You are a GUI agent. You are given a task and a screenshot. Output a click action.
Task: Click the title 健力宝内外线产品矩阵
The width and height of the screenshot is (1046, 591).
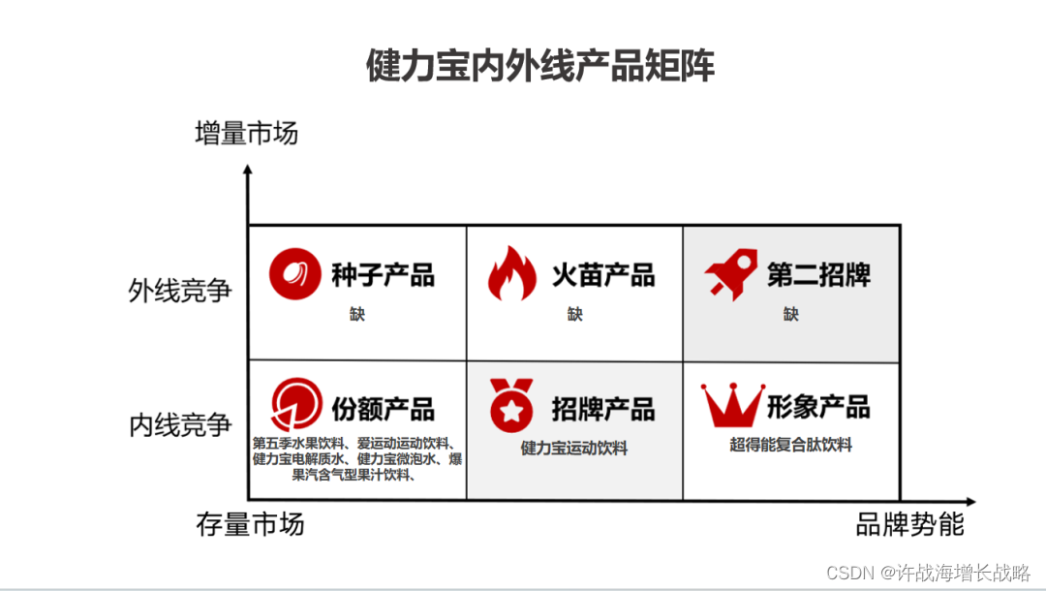(x=539, y=67)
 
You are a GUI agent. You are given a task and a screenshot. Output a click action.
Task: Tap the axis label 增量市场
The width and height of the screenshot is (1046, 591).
(x=246, y=133)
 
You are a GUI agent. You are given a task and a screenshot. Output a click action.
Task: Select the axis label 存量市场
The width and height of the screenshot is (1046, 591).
(x=250, y=524)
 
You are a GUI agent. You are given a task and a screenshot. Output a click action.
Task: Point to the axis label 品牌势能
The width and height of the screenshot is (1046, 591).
(x=910, y=524)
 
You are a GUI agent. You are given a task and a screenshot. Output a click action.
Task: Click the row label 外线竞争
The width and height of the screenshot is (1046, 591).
(x=180, y=291)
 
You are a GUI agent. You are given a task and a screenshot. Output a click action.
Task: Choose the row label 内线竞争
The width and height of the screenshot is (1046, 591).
(x=180, y=424)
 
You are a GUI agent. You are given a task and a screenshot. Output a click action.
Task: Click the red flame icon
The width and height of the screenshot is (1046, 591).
(x=510, y=273)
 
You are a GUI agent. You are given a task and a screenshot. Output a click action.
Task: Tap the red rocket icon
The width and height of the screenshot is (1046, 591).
(x=731, y=275)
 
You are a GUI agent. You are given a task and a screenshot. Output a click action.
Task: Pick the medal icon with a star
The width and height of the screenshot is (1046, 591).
(x=510, y=406)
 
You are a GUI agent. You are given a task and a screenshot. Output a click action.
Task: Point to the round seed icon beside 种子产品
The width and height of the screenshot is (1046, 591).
(x=294, y=274)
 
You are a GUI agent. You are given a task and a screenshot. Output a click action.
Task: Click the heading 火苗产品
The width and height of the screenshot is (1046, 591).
(x=603, y=275)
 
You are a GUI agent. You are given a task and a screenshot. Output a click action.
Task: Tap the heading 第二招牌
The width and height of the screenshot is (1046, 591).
(x=818, y=275)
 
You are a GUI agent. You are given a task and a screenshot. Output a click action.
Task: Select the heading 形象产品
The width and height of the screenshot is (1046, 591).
(x=818, y=407)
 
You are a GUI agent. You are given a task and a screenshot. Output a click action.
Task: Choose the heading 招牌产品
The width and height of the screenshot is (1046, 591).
(x=603, y=409)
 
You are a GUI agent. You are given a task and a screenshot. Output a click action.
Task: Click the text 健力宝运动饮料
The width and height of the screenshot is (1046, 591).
(x=574, y=449)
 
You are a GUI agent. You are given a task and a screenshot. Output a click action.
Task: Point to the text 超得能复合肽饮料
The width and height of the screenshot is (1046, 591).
(x=791, y=445)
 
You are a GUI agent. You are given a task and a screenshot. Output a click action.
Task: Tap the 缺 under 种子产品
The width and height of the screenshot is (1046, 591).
(x=358, y=314)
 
